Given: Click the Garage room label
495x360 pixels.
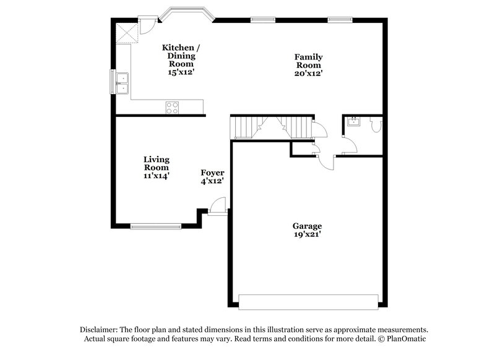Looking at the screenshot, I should click(308, 226).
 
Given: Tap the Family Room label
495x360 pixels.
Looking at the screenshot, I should click(308, 61).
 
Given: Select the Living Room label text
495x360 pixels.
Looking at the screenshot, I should click(157, 163).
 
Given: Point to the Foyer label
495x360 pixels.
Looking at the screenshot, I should click(212, 173).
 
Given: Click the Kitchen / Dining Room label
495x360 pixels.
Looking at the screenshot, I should click(181, 56).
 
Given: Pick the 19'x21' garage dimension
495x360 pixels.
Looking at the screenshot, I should click(308, 234).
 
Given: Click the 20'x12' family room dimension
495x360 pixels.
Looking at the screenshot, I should click(308, 73).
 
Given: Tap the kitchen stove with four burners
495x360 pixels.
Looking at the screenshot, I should click(172, 107).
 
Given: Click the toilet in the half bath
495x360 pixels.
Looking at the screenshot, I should click(376, 124).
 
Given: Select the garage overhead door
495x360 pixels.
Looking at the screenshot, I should click(308, 302).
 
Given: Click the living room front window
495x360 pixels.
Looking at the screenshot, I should click(156, 226).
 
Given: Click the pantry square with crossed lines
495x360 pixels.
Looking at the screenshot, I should click(127, 33).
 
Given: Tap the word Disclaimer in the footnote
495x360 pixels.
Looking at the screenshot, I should click(100, 330).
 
